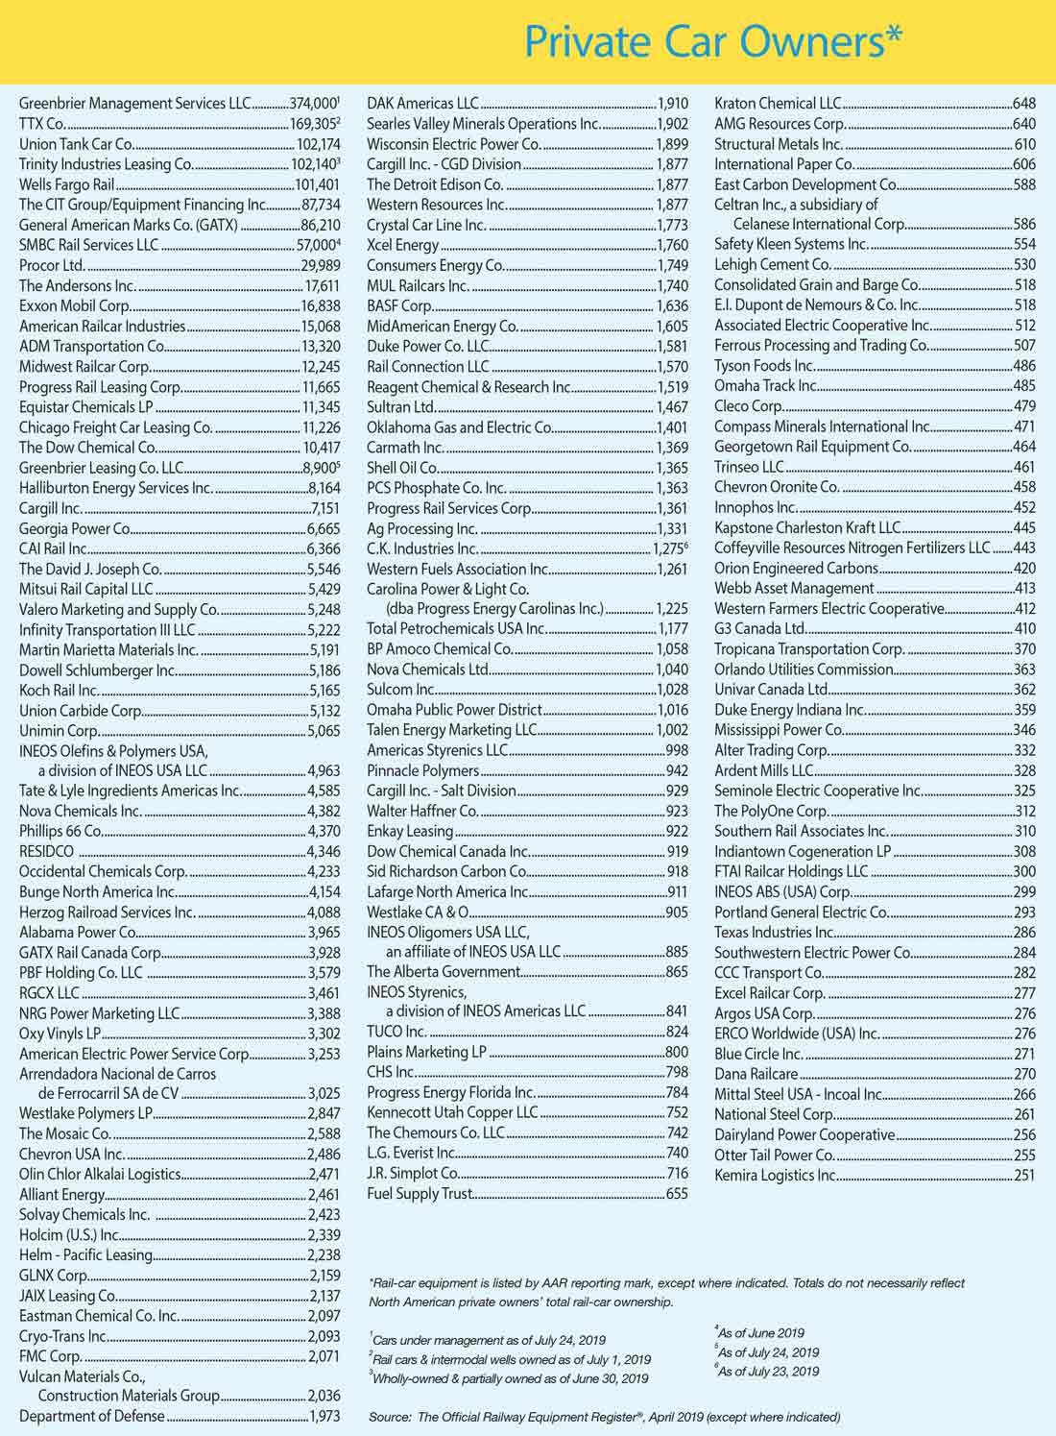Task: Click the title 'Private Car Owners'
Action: pyautogui.click(x=713, y=41)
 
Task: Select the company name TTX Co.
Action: pyautogui.click(x=42, y=124)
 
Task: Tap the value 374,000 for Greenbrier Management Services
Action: pyautogui.click(x=313, y=104)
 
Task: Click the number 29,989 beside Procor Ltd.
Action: pyautogui.click(x=321, y=265)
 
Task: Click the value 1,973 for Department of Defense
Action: pyautogui.click(x=324, y=1417)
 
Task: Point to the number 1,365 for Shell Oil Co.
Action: pyautogui.click(x=672, y=468)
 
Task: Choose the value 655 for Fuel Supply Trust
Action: pyautogui.click(x=677, y=1194)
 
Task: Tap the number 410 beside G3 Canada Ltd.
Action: pyautogui.click(x=1024, y=629)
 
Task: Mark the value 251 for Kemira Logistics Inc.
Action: pyautogui.click(x=1024, y=1175)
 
